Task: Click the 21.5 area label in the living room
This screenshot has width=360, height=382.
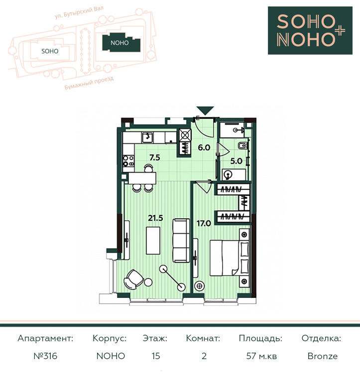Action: click(155, 218)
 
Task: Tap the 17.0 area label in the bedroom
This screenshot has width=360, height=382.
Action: click(204, 223)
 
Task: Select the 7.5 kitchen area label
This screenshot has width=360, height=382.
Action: click(155, 158)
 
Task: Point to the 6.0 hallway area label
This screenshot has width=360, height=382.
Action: click(204, 147)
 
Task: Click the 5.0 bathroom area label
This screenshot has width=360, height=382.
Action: click(236, 161)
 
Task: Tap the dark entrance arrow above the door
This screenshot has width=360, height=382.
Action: click(205, 110)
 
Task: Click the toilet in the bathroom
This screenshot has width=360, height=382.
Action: click(242, 146)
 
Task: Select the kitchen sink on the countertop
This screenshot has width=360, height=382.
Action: click(147, 137)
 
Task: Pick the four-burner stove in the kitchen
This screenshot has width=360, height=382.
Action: click(128, 161)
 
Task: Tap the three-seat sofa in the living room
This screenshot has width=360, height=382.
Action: click(181, 241)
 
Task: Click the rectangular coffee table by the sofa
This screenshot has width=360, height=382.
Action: click(153, 240)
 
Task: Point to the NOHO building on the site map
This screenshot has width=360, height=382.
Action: click(121, 43)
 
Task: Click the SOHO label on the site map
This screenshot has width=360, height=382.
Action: click(50, 51)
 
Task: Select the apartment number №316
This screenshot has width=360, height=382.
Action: click(45, 356)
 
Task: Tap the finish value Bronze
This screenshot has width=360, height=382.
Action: click(323, 356)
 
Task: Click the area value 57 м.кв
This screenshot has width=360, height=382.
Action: click(261, 356)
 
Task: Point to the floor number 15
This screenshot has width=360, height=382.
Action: click(156, 356)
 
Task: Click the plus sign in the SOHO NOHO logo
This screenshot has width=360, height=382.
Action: click(340, 31)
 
